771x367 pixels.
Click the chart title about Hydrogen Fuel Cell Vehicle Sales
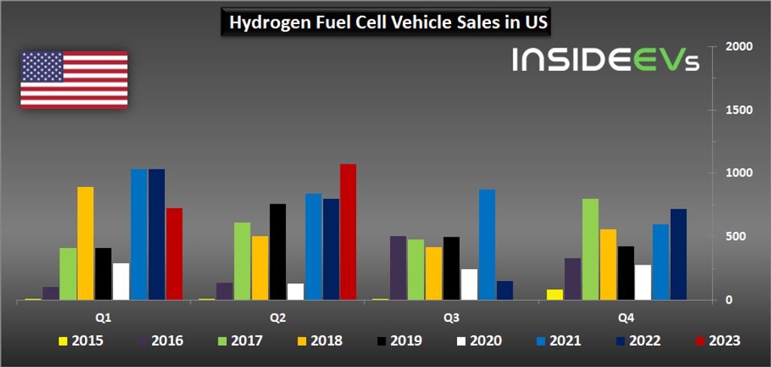coord(385,23)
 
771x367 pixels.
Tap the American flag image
coord(74,80)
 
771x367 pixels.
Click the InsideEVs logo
coord(605,61)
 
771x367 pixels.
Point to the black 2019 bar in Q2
coord(278,252)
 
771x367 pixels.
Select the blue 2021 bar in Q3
coord(487,244)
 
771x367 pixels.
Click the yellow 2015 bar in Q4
coord(555,295)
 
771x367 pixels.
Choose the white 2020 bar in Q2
coord(295,292)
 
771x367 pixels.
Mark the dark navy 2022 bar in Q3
coord(504,291)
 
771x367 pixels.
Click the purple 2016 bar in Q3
coord(398,268)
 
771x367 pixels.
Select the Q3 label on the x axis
coord(452,317)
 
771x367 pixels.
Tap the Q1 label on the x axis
coord(103,317)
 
